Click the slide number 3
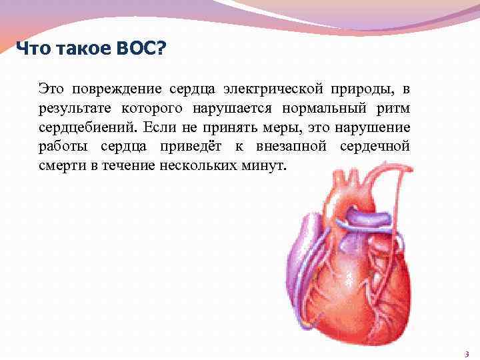466,354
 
